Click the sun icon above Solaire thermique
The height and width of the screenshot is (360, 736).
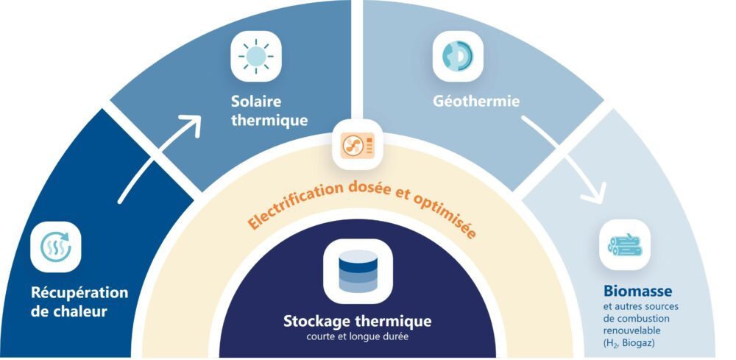click(256, 57)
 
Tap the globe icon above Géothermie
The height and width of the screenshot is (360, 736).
click(457, 57)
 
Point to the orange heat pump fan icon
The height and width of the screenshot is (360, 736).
click(358, 145)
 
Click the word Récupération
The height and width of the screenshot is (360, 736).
click(79, 292)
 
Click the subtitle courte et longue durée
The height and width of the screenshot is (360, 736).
click(357, 338)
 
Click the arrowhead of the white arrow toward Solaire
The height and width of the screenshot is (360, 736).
click(193, 124)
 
